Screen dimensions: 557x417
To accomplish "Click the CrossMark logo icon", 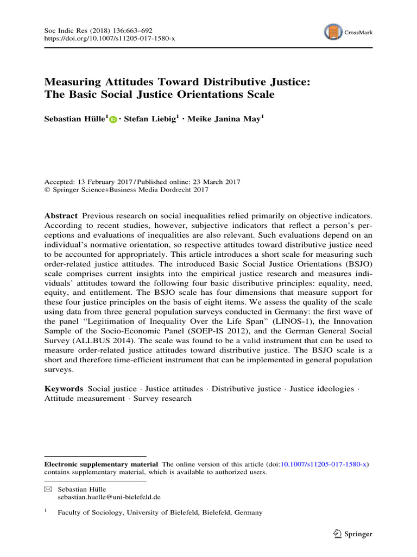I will tap(333, 32).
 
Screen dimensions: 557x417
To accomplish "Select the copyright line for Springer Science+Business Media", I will tap(126, 190).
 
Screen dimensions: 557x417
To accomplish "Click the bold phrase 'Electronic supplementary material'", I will tap(101, 464).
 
